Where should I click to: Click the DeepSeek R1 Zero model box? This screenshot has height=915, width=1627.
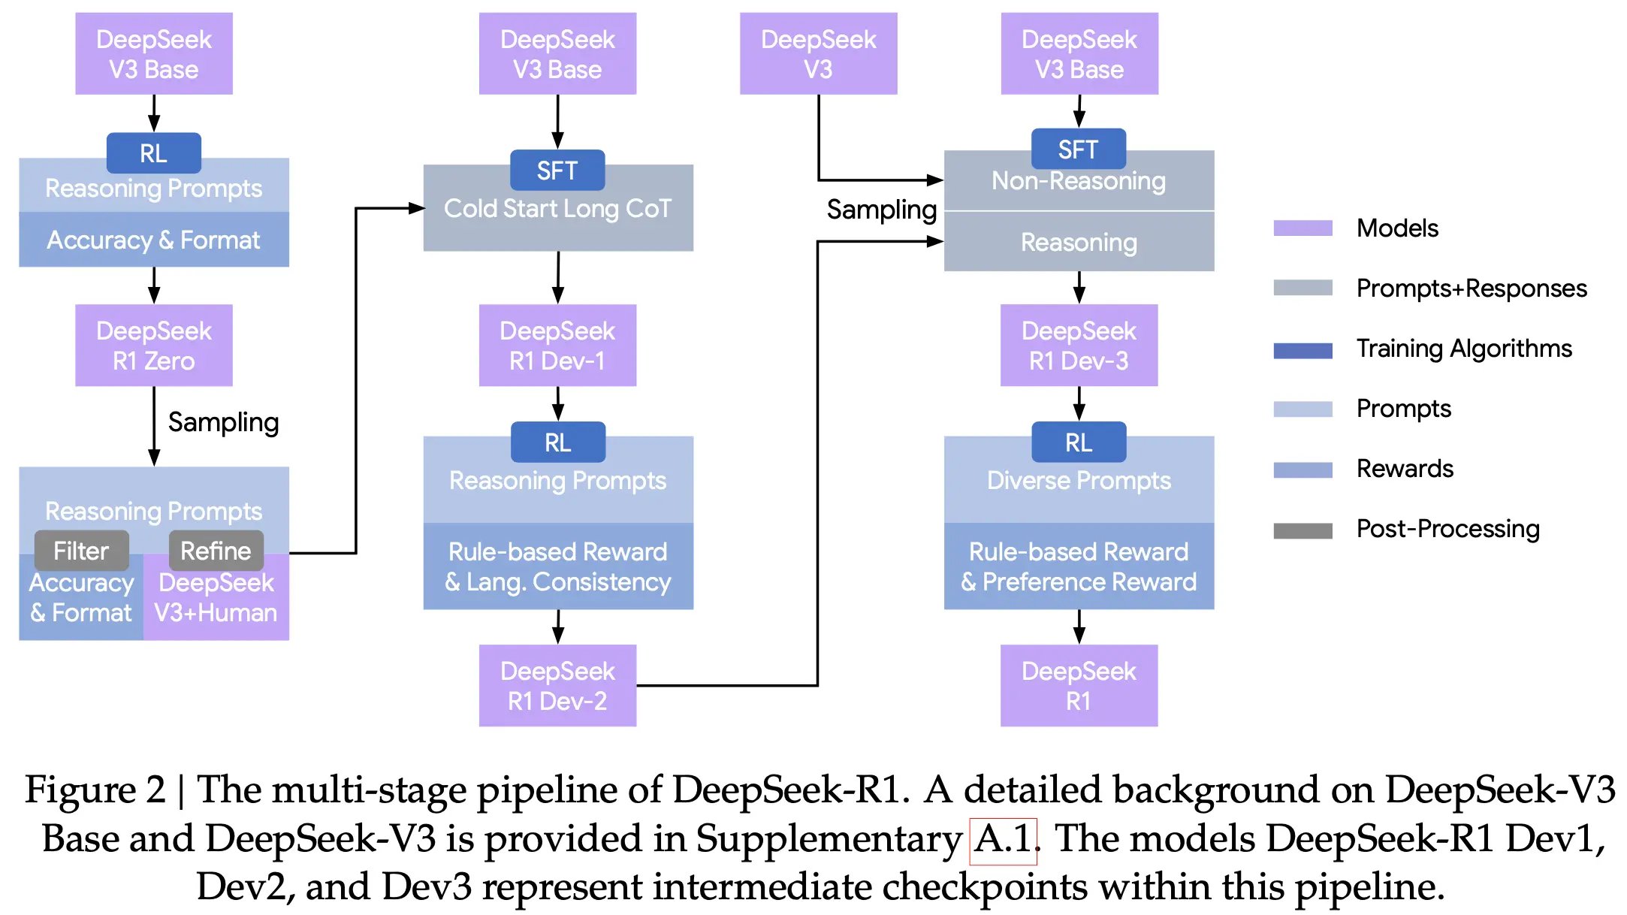pyautogui.click(x=153, y=346)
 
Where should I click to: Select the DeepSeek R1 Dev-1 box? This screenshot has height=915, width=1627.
pyautogui.click(x=557, y=346)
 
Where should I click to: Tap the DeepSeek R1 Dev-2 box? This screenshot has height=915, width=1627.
pyautogui.click(x=557, y=685)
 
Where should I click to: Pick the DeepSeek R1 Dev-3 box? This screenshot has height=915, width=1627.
pyautogui.click(x=1079, y=346)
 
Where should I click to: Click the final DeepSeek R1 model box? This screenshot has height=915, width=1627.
pyautogui.click(x=1079, y=685)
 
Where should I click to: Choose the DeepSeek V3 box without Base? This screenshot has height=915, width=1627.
pyautogui.click(x=818, y=53)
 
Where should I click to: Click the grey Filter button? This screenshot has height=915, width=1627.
pyautogui.click(x=81, y=551)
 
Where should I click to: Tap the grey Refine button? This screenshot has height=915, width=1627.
pyautogui.click(x=216, y=551)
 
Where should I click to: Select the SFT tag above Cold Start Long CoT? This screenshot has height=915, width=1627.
pyautogui.click(x=557, y=171)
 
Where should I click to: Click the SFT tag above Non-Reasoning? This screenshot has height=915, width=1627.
pyautogui.click(x=1078, y=149)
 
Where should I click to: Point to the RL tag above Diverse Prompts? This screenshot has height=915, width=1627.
pyautogui.click(x=1079, y=442)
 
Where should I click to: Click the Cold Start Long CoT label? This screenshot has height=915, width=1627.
pyautogui.click(x=557, y=209)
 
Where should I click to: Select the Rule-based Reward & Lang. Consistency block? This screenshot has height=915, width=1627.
pyautogui.click(x=557, y=566)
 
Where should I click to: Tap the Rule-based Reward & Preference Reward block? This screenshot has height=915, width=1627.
pyautogui.click(x=1079, y=566)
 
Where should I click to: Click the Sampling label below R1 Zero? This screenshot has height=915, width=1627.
pyautogui.click(x=223, y=422)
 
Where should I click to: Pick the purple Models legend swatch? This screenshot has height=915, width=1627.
pyautogui.click(x=1303, y=228)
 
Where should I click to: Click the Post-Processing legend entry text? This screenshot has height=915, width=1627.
pyautogui.click(x=1447, y=529)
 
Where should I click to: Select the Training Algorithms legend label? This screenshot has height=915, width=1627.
pyautogui.click(x=1463, y=349)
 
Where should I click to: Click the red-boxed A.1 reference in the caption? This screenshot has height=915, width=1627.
pyautogui.click(x=1003, y=840)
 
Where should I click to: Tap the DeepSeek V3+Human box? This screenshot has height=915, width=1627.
pyautogui.click(x=216, y=598)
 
